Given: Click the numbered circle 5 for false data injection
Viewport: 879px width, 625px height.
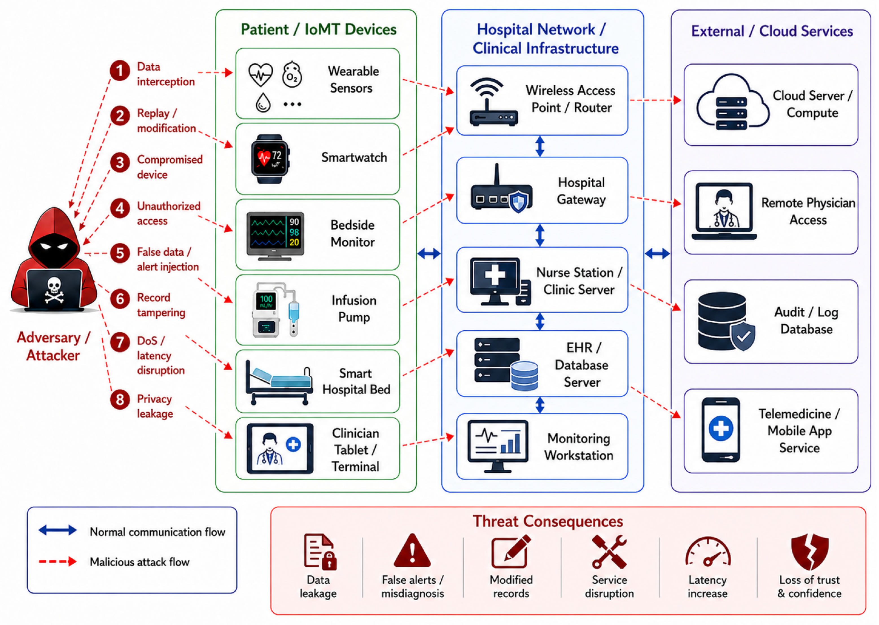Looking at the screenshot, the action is pos(120,253).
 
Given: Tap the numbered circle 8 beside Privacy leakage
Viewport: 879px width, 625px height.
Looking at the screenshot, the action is pos(120,399).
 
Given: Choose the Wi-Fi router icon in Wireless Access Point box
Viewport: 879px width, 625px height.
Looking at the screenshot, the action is pos(493,102).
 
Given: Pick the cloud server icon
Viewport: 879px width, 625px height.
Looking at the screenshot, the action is pos(732,102).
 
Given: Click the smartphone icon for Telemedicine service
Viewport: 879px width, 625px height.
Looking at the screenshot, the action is pos(720,429).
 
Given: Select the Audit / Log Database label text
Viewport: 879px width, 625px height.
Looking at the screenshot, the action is pos(806,321).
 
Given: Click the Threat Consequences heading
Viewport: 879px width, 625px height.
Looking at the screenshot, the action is pos(548,521).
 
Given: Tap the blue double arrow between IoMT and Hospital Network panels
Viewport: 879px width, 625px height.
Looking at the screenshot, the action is pos(429,253).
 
